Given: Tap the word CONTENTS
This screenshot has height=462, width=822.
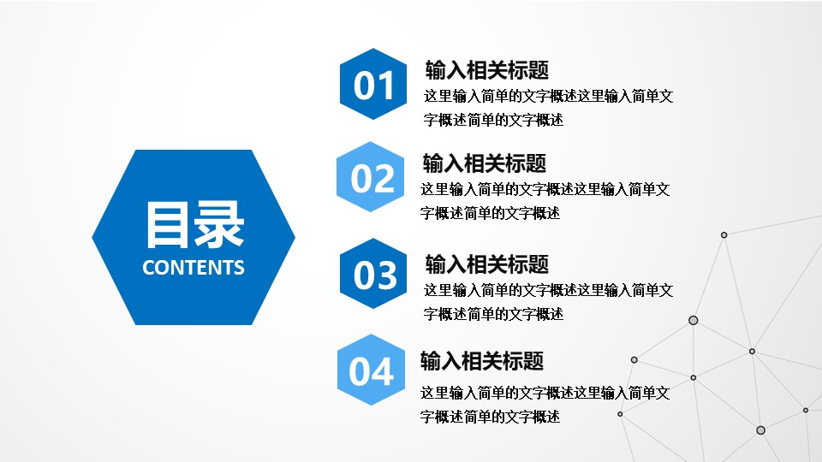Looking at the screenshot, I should tap(194, 268).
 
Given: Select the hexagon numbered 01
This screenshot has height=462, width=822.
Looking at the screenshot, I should tap(373, 86).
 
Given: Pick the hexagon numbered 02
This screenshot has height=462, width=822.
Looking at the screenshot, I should tap(373, 178).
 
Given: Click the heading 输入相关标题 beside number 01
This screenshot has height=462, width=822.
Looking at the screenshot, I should tap(486, 70).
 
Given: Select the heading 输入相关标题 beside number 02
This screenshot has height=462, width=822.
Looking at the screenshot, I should tap(484, 163).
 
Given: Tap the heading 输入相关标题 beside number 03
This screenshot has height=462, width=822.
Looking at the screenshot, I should tap(486, 264).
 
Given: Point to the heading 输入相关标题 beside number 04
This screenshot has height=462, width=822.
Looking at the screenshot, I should tap(481, 361).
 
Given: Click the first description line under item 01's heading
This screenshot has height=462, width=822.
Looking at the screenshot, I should tap(548, 97).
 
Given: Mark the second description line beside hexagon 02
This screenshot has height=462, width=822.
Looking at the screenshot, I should tap(490, 213).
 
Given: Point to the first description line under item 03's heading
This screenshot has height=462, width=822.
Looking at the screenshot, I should tap(548, 290).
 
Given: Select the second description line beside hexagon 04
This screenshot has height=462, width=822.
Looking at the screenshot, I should tap(490, 418).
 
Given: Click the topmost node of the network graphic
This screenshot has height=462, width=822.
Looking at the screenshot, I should tap(724, 234).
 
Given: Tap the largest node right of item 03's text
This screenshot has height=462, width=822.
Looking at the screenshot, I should tap(693, 320).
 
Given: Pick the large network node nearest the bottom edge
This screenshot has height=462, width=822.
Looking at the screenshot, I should tap(760, 430).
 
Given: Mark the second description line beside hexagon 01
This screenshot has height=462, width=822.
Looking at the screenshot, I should tap(494, 121).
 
